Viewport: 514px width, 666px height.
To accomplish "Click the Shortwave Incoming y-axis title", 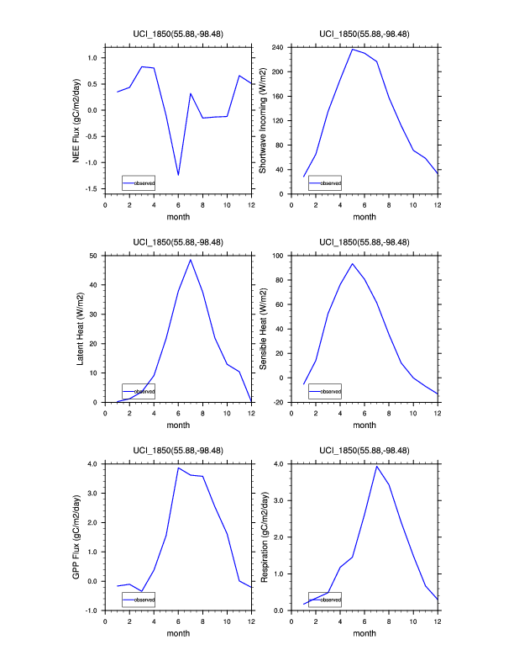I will (x=263, y=120).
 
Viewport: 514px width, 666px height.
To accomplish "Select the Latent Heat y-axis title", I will (x=81, y=328).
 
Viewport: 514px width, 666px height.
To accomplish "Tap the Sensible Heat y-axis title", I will (x=263, y=328).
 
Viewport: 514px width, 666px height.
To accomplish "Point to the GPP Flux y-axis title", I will (x=76, y=536).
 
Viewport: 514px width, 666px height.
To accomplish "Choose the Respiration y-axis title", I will (x=263, y=536).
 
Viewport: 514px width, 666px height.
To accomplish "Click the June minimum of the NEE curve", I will (x=178, y=175).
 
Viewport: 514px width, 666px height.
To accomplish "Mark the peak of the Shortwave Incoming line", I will (x=352, y=50).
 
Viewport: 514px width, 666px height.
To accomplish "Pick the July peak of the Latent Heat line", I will (x=191, y=260).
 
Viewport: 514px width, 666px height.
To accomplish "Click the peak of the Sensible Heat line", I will (x=352, y=264).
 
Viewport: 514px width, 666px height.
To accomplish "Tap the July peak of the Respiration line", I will (x=377, y=466).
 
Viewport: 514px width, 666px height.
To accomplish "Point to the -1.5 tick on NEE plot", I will (x=91, y=188).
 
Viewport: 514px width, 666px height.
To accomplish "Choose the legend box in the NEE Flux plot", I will (x=139, y=182).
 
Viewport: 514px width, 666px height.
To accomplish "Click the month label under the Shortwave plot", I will (x=365, y=217).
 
